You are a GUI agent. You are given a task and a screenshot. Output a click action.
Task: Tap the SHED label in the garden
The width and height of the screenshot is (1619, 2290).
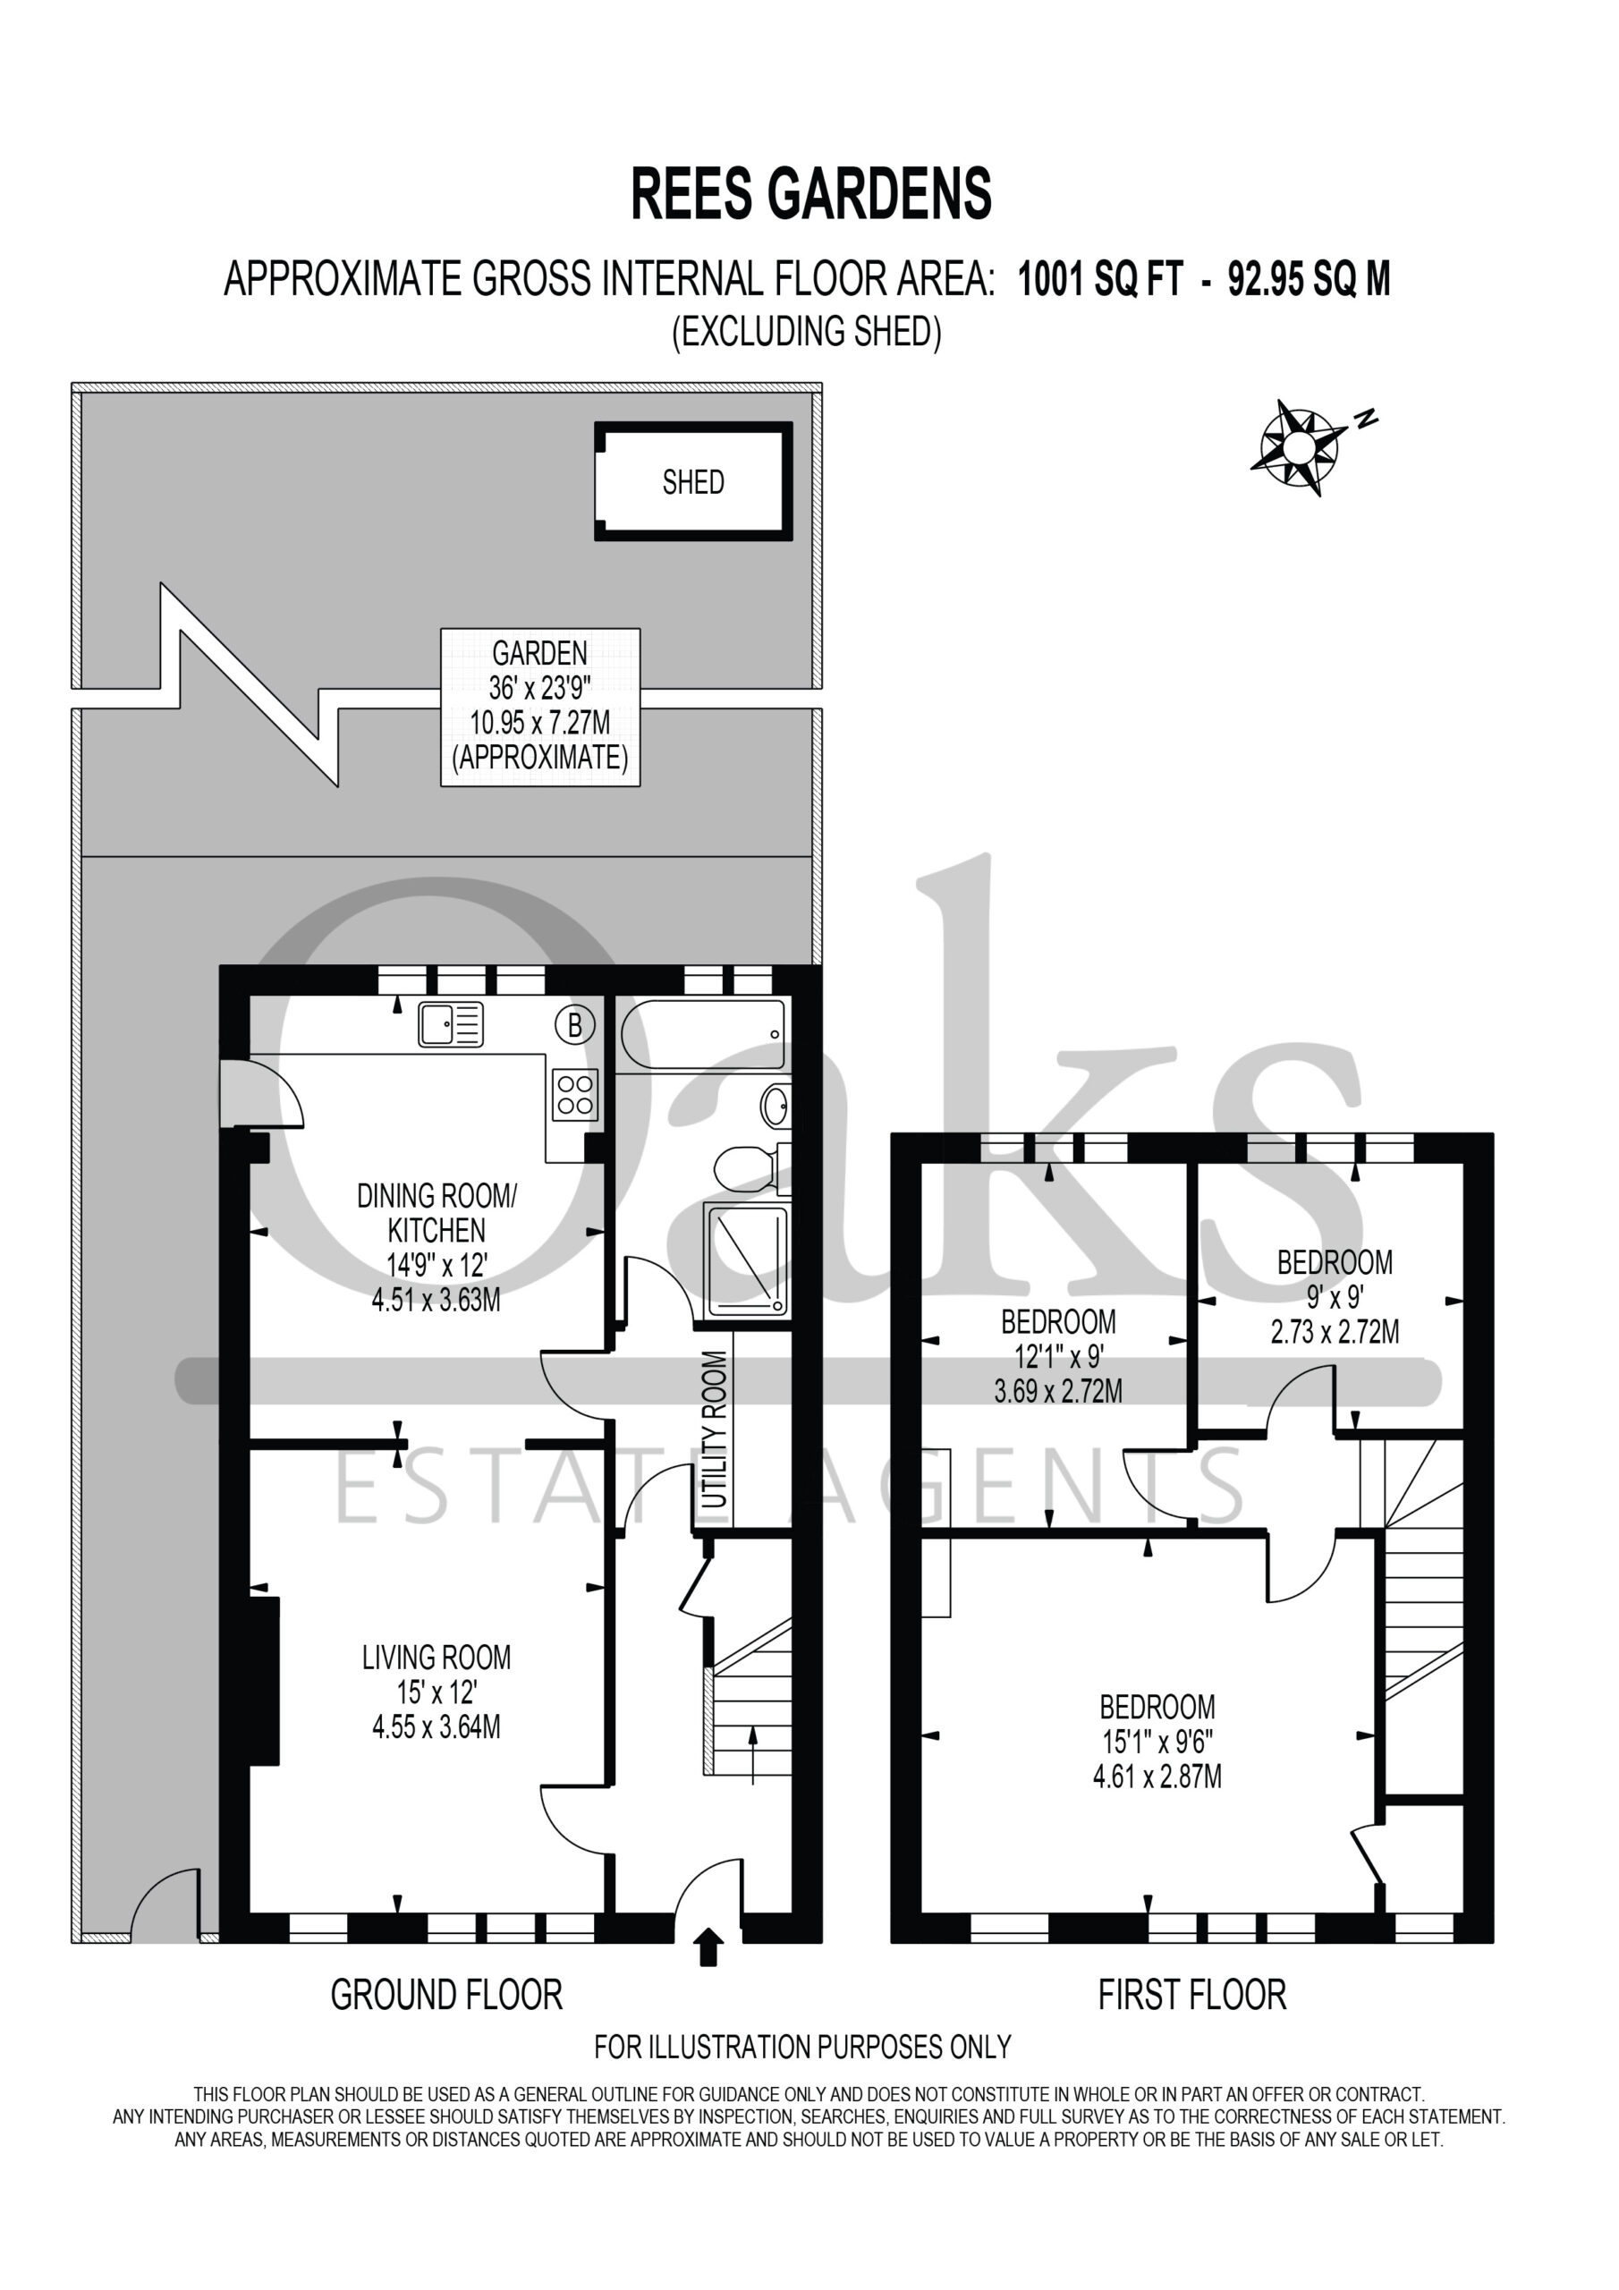click(693, 483)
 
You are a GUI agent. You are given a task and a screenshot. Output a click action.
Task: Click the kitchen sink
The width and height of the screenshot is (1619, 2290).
click(451, 1024)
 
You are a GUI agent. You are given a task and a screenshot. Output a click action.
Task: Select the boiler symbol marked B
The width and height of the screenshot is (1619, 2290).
click(574, 1024)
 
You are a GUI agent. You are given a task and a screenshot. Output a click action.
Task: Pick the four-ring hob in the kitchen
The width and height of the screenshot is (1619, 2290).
click(575, 1093)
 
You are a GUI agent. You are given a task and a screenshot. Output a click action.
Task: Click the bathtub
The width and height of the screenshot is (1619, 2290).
click(702, 1034)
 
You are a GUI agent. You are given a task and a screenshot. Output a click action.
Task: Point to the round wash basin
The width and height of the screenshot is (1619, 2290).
click(776, 1107)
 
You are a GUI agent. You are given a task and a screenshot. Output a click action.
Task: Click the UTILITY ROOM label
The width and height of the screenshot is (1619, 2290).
click(714, 1429)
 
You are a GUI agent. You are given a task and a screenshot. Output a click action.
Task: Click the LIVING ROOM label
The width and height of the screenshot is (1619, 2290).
click(436, 1658)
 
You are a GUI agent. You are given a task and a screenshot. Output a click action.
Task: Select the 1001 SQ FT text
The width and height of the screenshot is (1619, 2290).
click(1099, 280)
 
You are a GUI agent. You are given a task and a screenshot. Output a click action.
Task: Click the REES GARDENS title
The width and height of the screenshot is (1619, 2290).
click(811, 193)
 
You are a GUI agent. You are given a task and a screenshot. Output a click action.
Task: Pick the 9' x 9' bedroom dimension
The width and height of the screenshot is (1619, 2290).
click(1335, 1296)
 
